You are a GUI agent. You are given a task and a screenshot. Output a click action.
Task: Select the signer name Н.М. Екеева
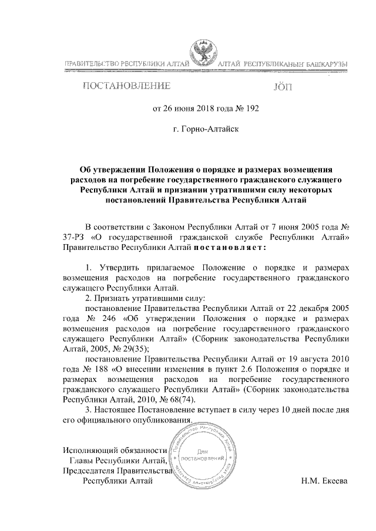[324, 481]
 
